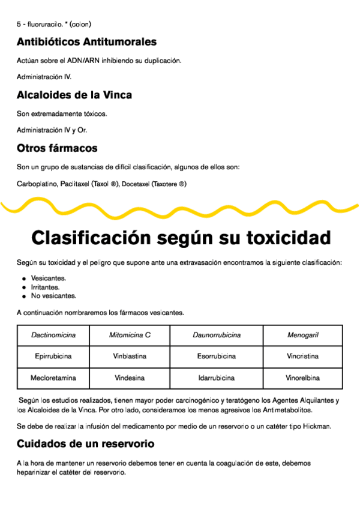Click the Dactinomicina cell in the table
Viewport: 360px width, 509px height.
(x=53, y=335)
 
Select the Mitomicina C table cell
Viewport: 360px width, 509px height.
(x=130, y=335)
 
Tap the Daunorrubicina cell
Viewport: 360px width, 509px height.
(x=216, y=335)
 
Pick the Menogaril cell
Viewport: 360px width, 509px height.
(x=302, y=335)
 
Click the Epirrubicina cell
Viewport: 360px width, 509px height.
(x=53, y=357)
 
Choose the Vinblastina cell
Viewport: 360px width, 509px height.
(x=130, y=357)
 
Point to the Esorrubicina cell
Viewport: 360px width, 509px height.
(x=216, y=357)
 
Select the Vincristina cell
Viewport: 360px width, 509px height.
(x=302, y=357)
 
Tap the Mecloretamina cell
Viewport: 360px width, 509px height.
(x=53, y=378)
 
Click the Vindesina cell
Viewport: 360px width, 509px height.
(x=130, y=378)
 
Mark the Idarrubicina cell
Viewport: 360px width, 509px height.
(x=216, y=378)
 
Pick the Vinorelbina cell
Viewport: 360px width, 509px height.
(x=302, y=378)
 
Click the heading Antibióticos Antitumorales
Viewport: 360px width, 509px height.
(x=86, y=42)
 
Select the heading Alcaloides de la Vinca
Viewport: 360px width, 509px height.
(x=74, y=95)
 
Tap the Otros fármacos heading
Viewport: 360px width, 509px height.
(x=57, y=148)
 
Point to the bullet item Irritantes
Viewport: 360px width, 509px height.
(x=45, y=287)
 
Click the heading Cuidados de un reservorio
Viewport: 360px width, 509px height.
(x=85, y=444)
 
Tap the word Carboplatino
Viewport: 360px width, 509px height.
(x=37, y=184)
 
